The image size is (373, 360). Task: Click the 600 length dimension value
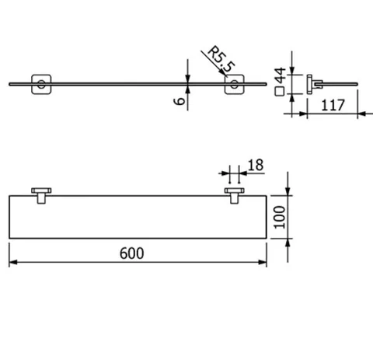point(131,253)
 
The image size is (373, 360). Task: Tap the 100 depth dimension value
point(280,217)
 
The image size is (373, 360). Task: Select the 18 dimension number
point(256,165)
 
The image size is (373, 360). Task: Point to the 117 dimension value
point(333,105)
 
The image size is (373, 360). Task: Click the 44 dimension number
point(280,75)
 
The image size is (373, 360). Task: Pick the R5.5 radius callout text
point(221,59)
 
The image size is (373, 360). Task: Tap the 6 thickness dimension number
point(180,100)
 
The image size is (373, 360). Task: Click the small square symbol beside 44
point(280,92)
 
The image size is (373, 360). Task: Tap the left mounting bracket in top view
point(41,196)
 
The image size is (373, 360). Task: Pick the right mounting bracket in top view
point(234,196)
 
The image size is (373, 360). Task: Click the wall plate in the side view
point(309,84)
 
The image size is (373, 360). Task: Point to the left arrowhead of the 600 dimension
point(13,262)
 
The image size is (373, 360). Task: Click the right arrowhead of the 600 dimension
point(263,262)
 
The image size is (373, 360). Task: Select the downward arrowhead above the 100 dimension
point(288,191)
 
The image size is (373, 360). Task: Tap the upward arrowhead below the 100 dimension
point(288,243)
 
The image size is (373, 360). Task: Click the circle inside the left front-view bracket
point(41,84)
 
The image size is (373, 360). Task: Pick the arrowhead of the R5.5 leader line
point(224,73)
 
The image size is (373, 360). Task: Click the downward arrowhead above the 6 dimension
point(188,79)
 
